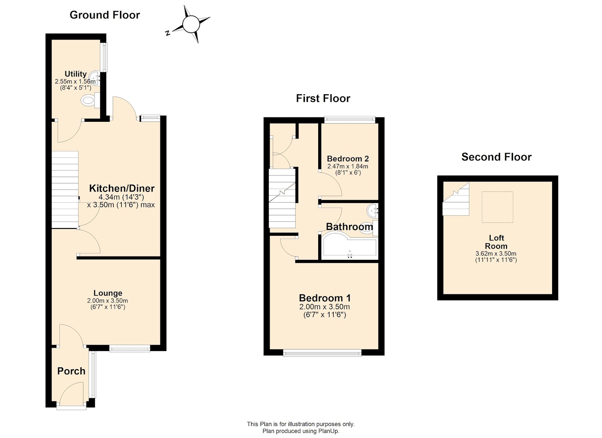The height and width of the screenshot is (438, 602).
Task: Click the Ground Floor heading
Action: coord(104,15)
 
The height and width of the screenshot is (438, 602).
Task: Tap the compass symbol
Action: coord(190,24)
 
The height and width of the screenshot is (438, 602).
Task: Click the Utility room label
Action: coord(76,74)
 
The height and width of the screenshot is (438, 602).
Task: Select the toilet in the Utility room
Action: coord(88,101)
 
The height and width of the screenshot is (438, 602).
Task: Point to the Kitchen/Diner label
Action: coord(122,188)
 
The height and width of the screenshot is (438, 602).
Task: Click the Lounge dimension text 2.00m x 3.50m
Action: coord(107,301)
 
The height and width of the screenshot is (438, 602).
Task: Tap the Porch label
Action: coord(71,371)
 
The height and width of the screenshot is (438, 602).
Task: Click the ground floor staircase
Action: coord(65,189)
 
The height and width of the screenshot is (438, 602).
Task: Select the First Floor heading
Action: coord(323,99)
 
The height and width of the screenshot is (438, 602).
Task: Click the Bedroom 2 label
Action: coord(348,159)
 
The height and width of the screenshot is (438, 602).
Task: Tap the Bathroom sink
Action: coord(372,211)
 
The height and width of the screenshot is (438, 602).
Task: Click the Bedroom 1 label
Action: coord(325,298)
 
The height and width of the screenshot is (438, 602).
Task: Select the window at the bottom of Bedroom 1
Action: coord(322,353)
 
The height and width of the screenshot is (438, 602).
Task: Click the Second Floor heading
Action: coord(496,157)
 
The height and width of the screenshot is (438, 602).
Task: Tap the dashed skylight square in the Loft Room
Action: coord(497,207)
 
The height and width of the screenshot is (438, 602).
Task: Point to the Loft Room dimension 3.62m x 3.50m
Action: coord(496,254)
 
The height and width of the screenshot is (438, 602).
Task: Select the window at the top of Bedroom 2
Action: coord(350,120)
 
